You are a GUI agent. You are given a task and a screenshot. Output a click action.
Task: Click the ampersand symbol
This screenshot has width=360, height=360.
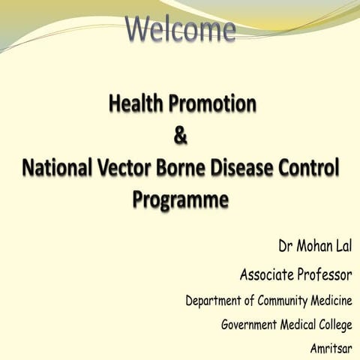tap(179, 137)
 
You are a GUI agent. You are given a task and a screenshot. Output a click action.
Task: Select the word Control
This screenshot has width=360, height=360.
tap(315, 168)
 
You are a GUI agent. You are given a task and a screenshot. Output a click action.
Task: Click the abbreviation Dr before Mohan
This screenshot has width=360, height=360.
tap(286, 245)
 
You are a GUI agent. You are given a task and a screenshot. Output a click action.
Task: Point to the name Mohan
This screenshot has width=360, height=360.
tap(316, 245)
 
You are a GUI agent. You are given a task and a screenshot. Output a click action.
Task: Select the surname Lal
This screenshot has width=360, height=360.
tap(344, 245)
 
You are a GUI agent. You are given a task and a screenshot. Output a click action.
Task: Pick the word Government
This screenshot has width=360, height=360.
tap(256, 325)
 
